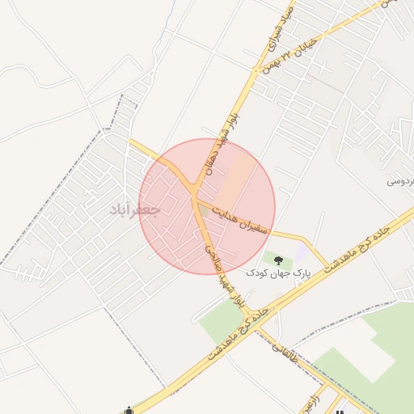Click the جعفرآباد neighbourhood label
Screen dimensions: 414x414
pos(135,209)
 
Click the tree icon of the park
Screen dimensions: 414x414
pos(279,260)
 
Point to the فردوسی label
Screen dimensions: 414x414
pos(399,182)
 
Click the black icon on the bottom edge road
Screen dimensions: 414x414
pos(128,410)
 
